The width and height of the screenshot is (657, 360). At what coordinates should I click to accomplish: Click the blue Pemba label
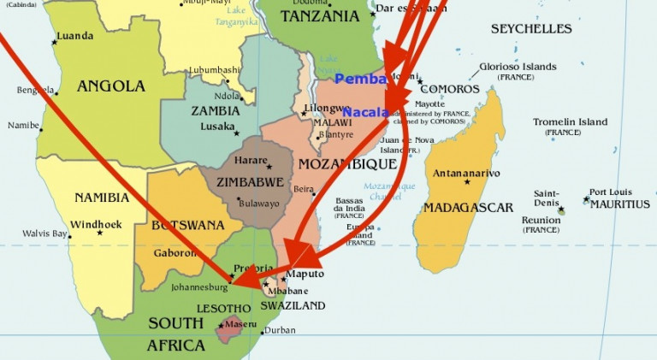[361, 79]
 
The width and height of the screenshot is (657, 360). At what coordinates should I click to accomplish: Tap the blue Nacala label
[367, 112]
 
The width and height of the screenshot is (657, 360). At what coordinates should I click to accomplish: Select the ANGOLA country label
[111, 86]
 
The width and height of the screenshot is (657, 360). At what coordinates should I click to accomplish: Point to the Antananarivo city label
[467, 173]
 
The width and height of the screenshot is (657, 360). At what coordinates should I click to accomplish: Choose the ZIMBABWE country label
[250, 182]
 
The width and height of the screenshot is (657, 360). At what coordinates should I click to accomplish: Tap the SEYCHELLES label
[530, 29]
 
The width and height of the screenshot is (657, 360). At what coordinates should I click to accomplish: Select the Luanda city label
[74, 36]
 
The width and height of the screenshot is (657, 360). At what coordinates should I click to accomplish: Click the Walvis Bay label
[45, 233]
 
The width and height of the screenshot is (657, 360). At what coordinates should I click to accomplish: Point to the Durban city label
[280, 330]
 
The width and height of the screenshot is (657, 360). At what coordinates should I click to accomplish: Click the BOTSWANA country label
[187, 226]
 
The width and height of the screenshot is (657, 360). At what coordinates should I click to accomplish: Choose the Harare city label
[250, 160]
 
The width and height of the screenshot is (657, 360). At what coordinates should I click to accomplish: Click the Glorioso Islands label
[518, 67]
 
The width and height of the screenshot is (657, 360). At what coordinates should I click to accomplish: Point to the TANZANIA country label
[319, 16]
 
